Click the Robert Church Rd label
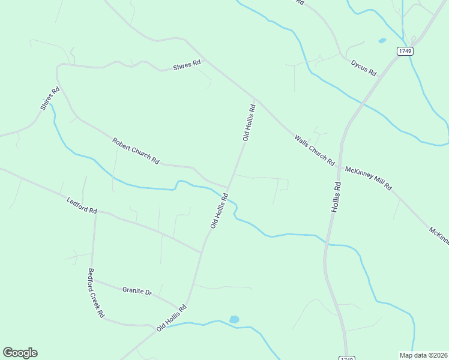(136, 151)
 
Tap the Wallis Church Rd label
(314, 150)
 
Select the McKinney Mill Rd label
(368, 178)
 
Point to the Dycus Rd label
(364, 68)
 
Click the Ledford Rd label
(82, 206)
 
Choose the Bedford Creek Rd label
(96, 293)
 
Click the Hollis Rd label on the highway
(337, 196)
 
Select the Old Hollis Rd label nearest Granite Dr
(172, 318)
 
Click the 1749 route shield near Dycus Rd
(405, 51)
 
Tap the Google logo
(20, 352)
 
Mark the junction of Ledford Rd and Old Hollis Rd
(202, 253)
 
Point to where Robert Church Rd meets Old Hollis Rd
(228, 187)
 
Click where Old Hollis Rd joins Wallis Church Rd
(256, 99)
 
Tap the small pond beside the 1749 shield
(382, 41)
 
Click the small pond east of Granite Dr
(234, 320)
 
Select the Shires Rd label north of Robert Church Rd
(187, 66)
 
